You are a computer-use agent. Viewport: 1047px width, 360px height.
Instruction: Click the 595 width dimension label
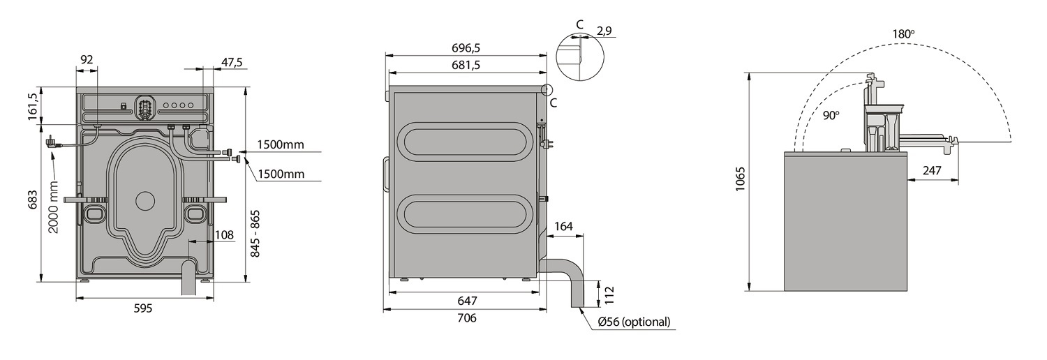[143, 308]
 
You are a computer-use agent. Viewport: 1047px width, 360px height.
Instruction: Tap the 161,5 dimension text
[32, 107]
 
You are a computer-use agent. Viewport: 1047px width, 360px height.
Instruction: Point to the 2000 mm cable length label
[54, 207]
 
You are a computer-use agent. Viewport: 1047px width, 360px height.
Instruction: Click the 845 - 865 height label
[255, 234]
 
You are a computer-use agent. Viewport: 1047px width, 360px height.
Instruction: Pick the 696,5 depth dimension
[466, 47]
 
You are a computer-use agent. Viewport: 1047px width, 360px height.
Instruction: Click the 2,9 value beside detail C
[604, 31]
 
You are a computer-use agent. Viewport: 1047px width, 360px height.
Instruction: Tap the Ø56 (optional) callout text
[634, 321]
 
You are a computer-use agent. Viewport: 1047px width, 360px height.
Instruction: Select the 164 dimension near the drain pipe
[563, 227]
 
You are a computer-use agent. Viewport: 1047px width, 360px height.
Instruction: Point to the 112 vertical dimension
[609, 296]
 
